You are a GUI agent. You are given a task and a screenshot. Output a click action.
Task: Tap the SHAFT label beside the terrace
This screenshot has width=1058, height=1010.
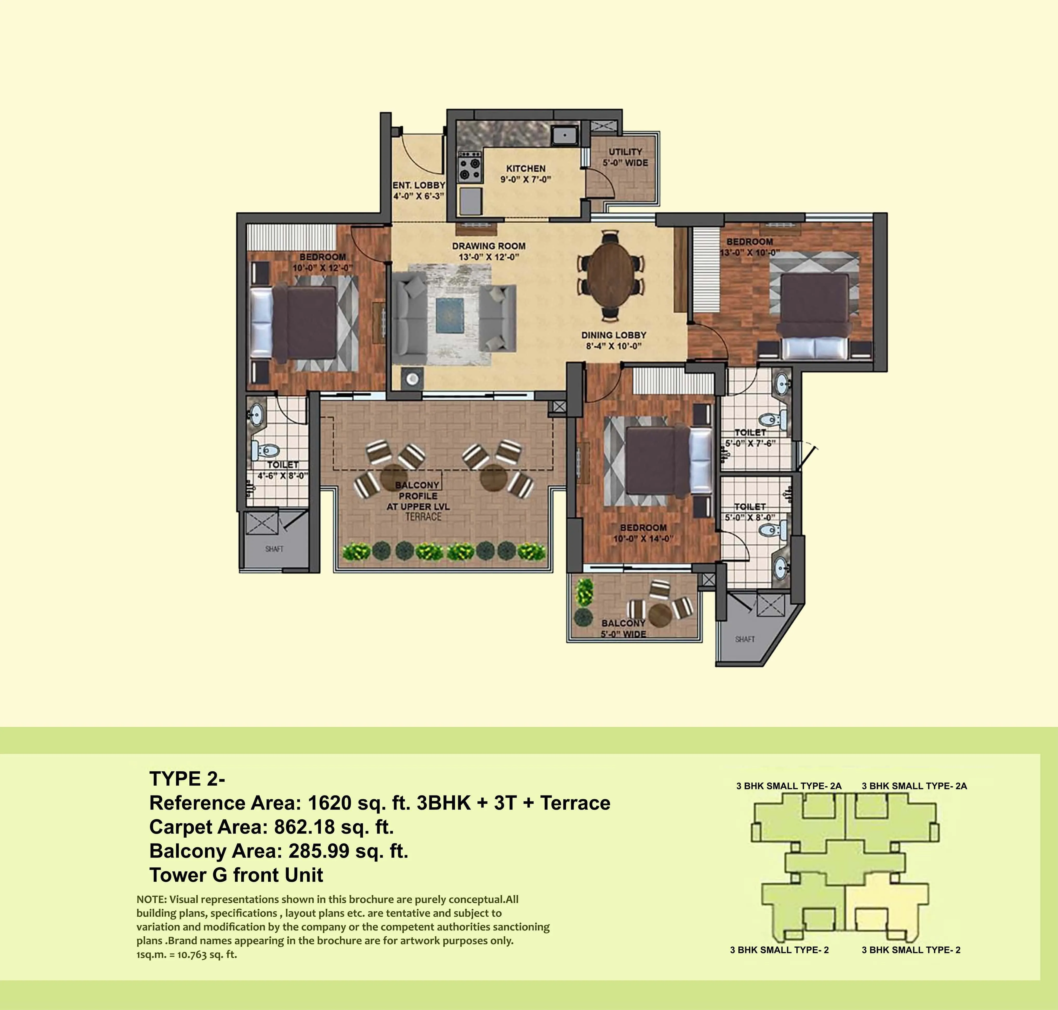click(274, 549)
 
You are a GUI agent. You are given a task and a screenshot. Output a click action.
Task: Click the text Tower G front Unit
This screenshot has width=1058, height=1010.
click(236, 875)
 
